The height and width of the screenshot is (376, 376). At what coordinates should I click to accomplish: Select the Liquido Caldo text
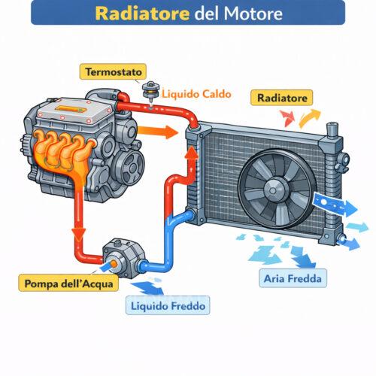196,96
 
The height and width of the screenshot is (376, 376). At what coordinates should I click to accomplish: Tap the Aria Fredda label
293,280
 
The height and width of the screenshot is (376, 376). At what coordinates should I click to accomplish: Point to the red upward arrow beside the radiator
193,159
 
